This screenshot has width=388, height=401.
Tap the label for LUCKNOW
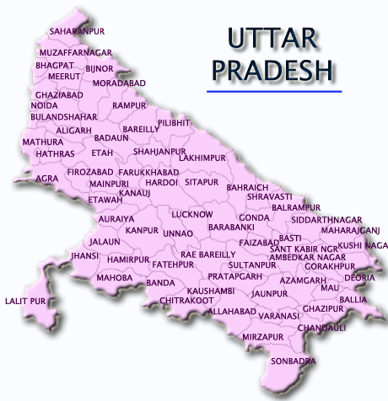click(192, 215)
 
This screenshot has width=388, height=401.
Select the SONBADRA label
click(293, 361)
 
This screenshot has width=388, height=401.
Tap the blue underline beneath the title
click(274, 89)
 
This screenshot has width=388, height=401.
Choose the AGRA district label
click(47, 179)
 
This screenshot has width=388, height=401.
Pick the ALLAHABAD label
click(232, 311)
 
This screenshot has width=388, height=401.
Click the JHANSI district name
click(85, 254)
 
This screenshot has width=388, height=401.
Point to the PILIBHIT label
click(175, 123)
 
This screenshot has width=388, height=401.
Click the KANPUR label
click(142, 230)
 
